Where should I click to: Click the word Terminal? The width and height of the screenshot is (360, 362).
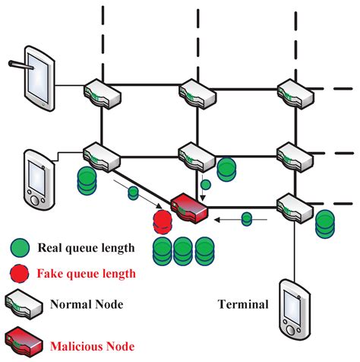click(x=243, y=305)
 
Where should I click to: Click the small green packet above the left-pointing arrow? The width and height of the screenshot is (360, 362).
click(x=245, y=219)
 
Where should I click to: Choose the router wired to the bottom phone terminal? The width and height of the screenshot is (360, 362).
click(x=290, y=205)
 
